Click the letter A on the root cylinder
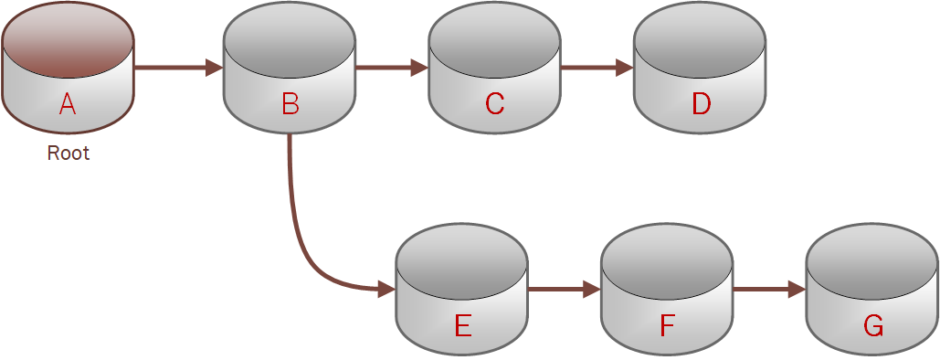67,105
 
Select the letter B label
290,105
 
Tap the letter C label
494,105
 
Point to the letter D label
701,105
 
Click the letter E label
462,326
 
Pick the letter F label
667,326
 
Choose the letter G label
872,326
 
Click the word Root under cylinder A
69,154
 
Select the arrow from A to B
178,67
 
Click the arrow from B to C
391,67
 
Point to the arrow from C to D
597,67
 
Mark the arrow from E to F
563,290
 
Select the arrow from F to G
768,290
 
